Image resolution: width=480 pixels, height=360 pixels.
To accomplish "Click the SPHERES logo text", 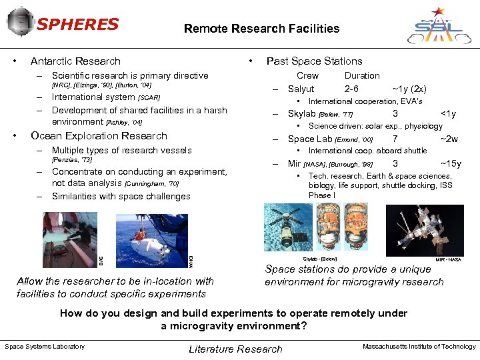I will point(77,25).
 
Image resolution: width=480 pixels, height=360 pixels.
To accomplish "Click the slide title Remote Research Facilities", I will point(261,29).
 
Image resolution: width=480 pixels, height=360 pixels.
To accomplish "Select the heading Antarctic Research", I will point(75,61).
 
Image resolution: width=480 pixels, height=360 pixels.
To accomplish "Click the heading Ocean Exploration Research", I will point(99,136).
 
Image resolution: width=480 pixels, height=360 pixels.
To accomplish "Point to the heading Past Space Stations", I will point(314,61).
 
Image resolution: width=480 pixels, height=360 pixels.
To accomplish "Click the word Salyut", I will point(301,89).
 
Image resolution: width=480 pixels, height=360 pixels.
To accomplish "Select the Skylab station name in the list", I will point(301,114).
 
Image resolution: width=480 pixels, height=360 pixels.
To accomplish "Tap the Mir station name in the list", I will point(294,163).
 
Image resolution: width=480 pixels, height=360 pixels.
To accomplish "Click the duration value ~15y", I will point(451,163).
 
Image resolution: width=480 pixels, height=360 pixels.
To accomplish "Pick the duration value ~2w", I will point(449,139).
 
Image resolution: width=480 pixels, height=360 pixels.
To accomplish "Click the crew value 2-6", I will point(351,89).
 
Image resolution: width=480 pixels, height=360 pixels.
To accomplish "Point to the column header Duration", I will point(362,75).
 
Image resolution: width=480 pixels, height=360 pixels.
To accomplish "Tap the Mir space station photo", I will point(434,230).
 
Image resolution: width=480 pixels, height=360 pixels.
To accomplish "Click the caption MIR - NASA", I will point(448,259).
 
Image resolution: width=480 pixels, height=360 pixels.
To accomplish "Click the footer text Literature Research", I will point(235,349).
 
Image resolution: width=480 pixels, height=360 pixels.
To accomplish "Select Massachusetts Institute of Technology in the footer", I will point(419,346).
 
